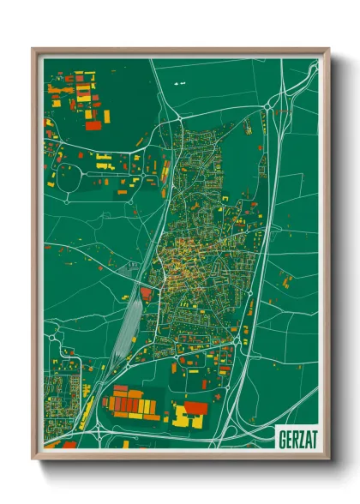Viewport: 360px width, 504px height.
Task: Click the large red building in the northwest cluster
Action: pyautogui.click(x=93, y=125)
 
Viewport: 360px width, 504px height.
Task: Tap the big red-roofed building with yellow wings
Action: pyautogui.click(x=194, y=410)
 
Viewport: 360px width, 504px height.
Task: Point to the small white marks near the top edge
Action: pyautogui.click(x=179, y=83)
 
